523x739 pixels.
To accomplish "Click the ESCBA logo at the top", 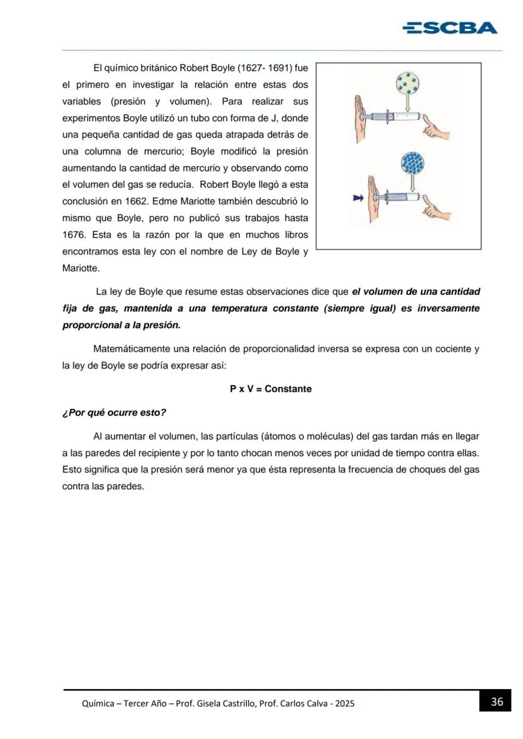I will [x=450, y=28].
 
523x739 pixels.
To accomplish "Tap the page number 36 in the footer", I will [x=496, y=701].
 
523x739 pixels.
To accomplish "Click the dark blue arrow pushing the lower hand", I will [x=358, y=198].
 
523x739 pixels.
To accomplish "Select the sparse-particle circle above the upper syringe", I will [x=408, y=84].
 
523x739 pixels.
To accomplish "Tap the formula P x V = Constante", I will [x=270, y=389].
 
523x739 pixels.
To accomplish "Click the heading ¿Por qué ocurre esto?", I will [x=114, y=413].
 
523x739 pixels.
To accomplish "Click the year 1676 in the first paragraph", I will [x=74, y=235].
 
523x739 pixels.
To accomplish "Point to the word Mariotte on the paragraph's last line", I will [x=80, y=268].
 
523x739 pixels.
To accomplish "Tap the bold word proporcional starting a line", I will [x=92, y=326].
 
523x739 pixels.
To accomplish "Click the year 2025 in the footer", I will [x=345, y=703].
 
